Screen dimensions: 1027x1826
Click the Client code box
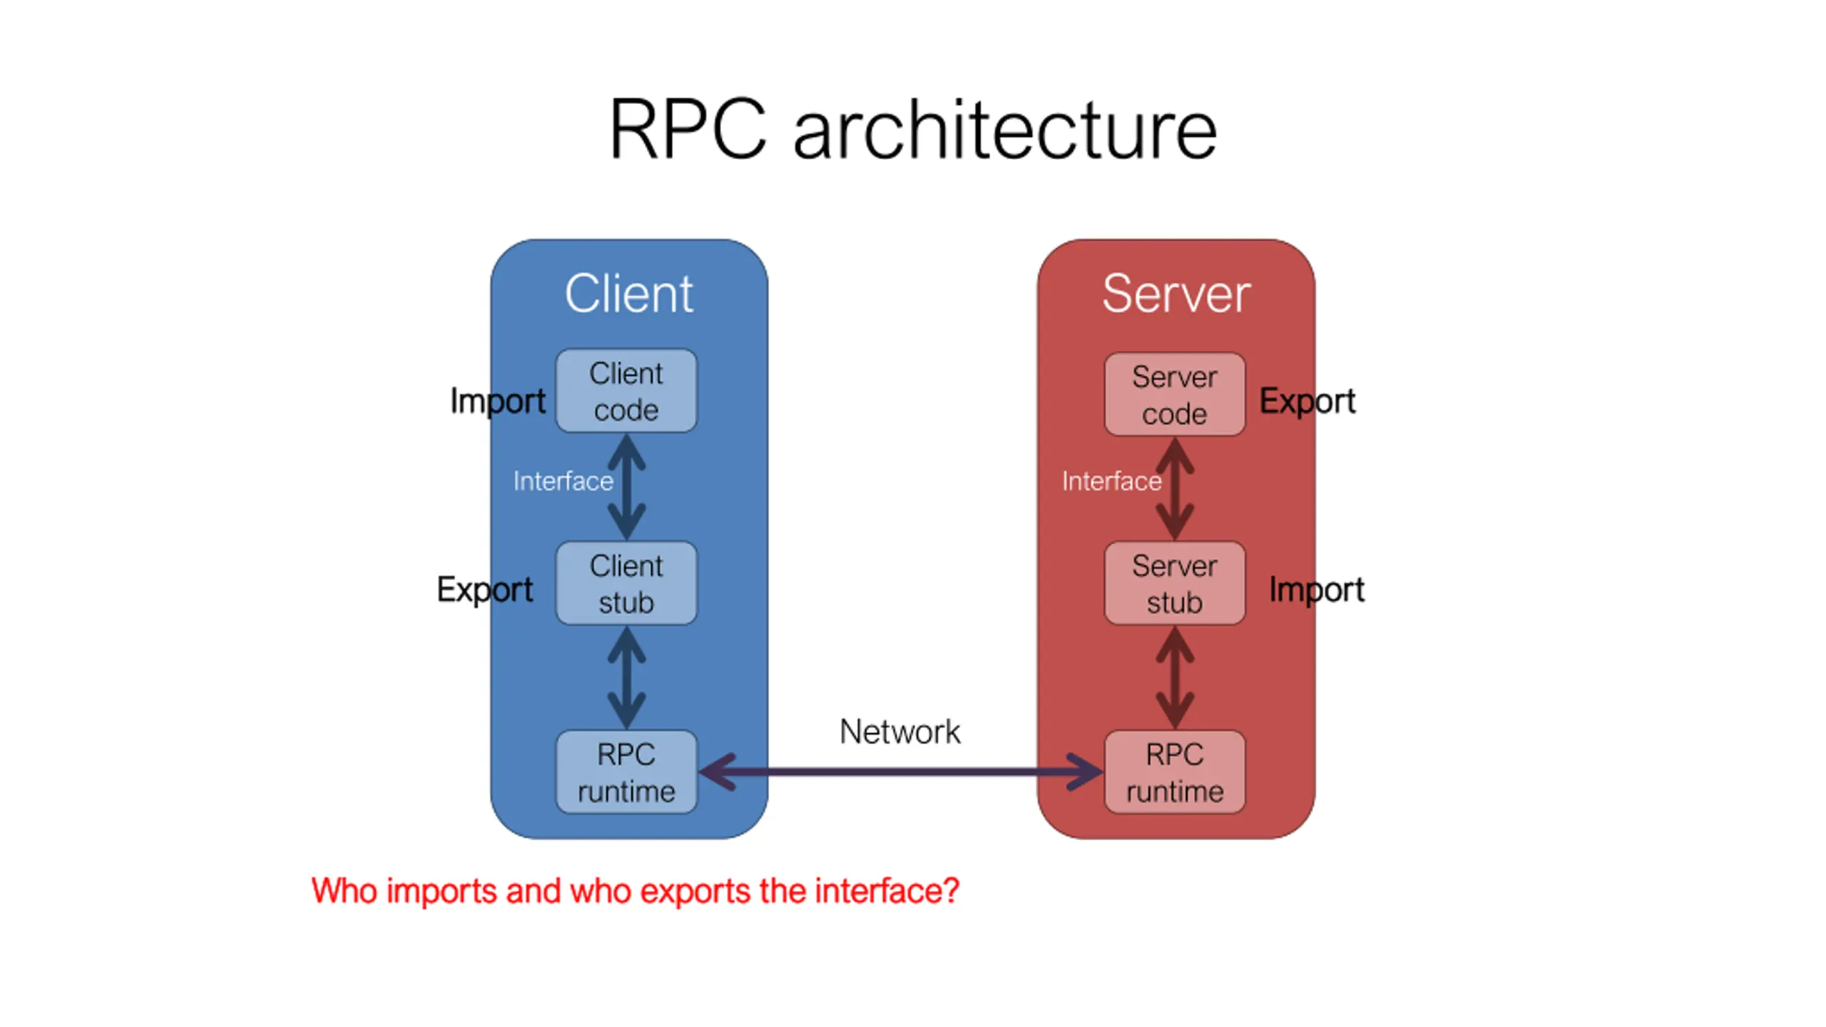coord(626,391)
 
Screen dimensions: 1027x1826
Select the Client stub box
coord(626,583)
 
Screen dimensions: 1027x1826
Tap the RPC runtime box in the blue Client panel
coord(626,772)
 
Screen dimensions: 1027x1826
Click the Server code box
coord(1174,394)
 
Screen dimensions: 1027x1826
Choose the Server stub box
coord(1174,583)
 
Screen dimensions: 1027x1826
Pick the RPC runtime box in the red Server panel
coord(1174,772)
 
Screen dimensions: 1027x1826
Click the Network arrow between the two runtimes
coord(900,772)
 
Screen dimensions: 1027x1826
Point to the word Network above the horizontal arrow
coord(899,732)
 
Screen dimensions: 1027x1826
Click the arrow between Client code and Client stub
coord(626,487)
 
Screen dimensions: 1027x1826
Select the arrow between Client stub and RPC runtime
coord(626,678)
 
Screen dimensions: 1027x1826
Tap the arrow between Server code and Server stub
coord(1175,489)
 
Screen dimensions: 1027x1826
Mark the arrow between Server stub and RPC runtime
coord(1175,678)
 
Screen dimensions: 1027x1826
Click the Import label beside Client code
coord(498,401)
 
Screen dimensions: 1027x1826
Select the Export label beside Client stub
coord(485,590)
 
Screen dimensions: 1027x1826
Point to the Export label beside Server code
coord(1307,401)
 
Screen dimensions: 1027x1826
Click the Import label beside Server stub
coord(1317,590)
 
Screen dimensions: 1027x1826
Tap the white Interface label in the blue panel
coord(563,481)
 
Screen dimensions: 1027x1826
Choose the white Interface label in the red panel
coord(1111,481)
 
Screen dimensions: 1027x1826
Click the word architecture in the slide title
coord(1005,131)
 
